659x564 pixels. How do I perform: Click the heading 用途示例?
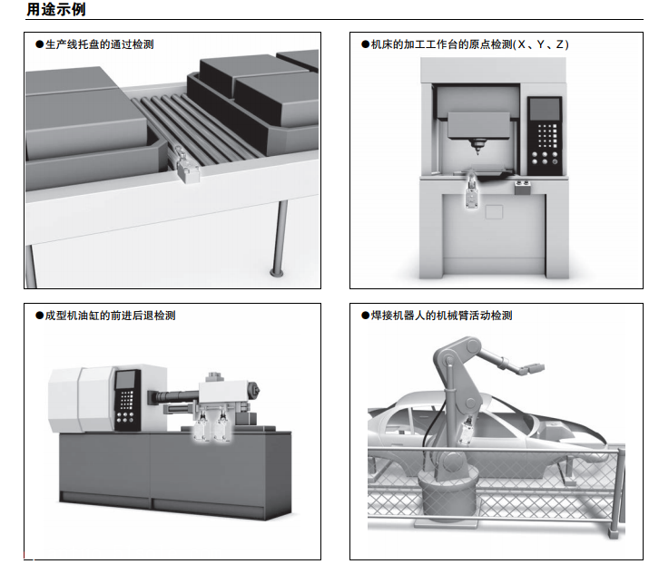pos(57,10)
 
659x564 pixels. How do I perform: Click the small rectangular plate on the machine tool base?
pos(493,212)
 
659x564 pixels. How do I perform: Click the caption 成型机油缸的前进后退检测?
pos(105,316)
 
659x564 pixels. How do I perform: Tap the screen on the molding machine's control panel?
pos(126,381)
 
